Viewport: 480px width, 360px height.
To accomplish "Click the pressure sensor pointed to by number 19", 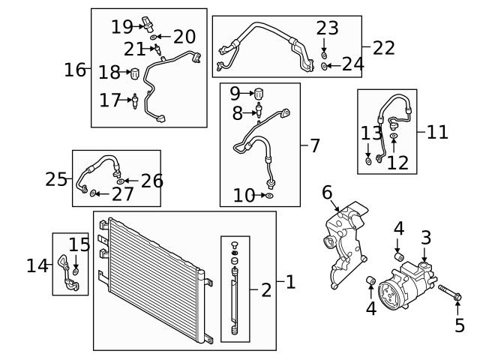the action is (x=148, y=25).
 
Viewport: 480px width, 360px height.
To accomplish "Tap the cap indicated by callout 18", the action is (x=135, y=73).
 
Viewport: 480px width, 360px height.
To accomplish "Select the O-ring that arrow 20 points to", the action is (x=153, y=37).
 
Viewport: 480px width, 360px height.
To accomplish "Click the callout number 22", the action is (x=383, y=48).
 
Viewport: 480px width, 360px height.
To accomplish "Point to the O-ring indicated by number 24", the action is (x=324, y=66).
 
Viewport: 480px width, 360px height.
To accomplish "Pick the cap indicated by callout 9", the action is (x=259, y=94).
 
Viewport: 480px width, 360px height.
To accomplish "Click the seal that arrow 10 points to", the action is (x=269, y=196).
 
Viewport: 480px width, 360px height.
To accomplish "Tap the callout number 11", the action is (x=437, y=132).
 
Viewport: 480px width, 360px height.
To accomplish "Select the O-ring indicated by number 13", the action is (x=369, y=161).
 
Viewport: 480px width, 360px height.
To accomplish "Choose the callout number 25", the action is (x=56, y=179).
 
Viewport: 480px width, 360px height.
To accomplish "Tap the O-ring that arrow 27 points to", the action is (x=93, y=193).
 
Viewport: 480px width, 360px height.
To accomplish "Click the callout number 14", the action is (x=37, y=265).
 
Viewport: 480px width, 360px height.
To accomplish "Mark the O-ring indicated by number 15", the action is (x=76, y=271).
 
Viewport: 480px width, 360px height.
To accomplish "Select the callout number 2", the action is (x=266, y=290).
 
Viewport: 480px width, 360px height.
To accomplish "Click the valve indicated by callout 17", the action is (x=135, y=101).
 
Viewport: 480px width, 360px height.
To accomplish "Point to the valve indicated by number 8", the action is (x=259, y=110).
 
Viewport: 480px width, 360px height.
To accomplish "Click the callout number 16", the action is (x=75, y=70).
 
